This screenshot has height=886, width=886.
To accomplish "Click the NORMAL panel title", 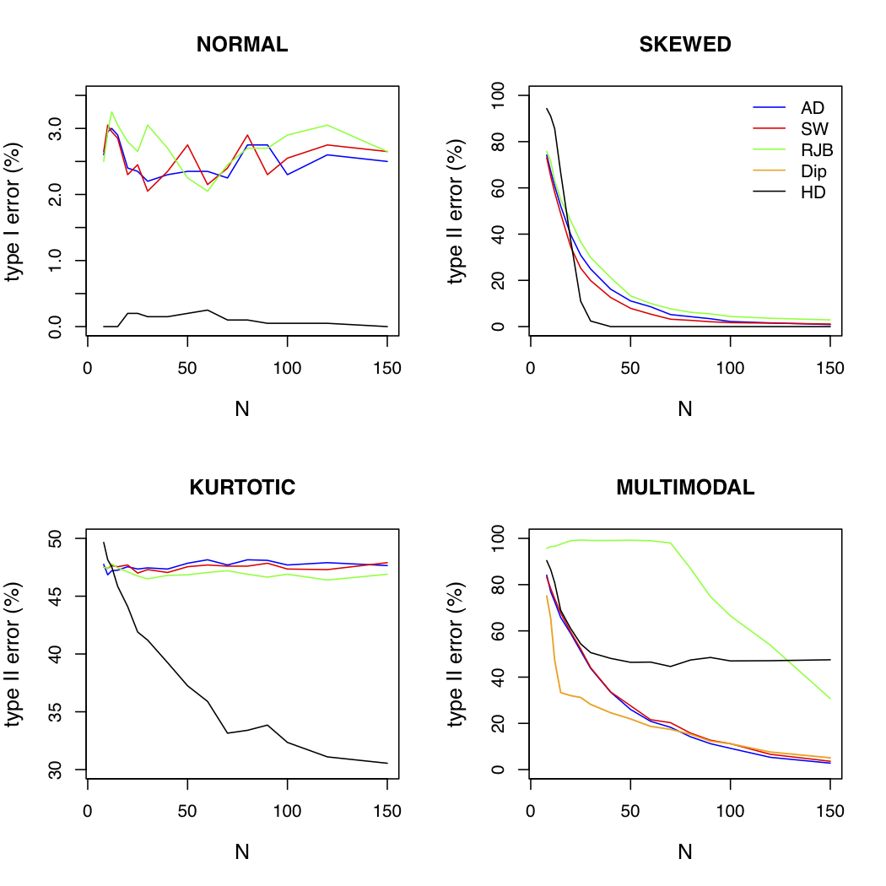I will click(x=242, y=46).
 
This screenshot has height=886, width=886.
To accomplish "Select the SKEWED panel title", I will click(x=685, y=46).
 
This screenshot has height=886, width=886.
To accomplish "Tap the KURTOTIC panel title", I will click(x=242, y=488).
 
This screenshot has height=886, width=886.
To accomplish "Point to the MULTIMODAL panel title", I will click(x=685, y=488).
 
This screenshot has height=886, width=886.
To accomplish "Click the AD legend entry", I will click(x=812, y=107).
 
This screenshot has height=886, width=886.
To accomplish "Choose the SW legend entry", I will click(x=813, y=129).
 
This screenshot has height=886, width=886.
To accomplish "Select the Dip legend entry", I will click(x=813, y=171).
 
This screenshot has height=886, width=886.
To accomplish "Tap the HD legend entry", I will click(x=813, y=192).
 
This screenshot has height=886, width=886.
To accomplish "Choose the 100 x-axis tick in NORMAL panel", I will click(x=287, y=369).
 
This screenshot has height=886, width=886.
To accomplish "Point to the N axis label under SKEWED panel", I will click(x=685, y=409).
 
